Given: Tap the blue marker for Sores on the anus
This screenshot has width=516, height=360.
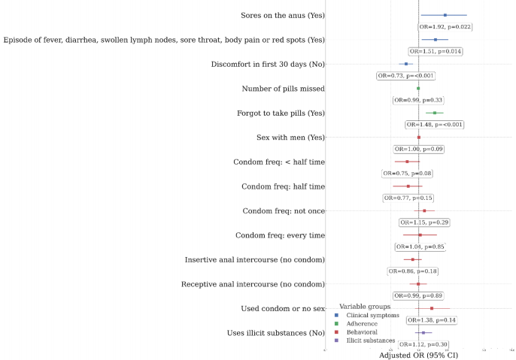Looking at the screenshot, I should [x=445, y=15].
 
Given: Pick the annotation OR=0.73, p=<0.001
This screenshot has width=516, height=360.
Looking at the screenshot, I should [x=405, y=76].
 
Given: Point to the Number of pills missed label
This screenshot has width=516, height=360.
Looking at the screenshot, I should [x=283, y=89].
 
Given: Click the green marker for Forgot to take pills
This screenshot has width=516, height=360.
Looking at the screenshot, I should [x=435, y=113].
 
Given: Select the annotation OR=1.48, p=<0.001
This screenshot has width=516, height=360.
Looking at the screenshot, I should [x=434, y=125].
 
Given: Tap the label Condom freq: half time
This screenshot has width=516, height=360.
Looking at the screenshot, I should [x=283, y=186].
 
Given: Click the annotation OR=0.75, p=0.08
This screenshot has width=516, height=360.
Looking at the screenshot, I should [x=407, y=174].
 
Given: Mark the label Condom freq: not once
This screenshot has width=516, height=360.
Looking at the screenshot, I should [x=284, y=211].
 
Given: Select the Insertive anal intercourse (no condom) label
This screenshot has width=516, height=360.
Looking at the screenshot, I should [x=255, y=260].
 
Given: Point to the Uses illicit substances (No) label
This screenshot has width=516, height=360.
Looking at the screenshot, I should [x=276, y=333].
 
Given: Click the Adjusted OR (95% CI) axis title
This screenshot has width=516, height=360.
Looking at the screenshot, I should [x=418, y=355].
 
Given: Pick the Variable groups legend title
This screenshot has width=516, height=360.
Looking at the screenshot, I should [x=365, y=307].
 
